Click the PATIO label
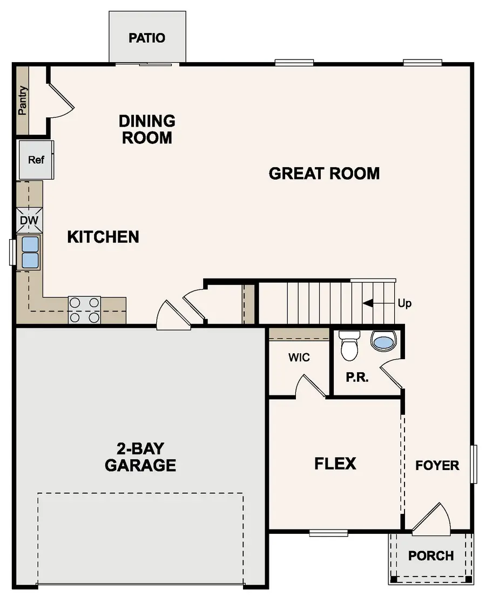coord(147,38)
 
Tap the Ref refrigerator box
coord(36,160)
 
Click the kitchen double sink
coord(30,252)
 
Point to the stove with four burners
coord(84,310)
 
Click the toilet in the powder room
coord(349,346)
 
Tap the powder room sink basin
coord(383,342)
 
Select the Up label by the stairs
coord(404,303)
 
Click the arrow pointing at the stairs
coord(378,303)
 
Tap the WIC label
coord(299,358)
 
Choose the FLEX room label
coord(335,464)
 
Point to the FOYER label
coord(437,465)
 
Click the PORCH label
coord(430,556)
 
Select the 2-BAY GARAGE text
coord(140,457)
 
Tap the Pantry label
coord(22,101)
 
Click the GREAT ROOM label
coord(324,174)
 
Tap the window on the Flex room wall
coord(328,533)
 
